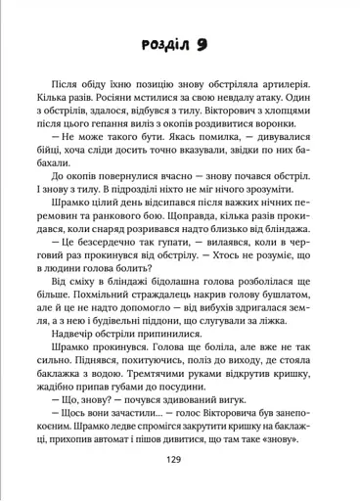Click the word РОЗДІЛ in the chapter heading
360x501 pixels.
(x=169, y=46)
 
